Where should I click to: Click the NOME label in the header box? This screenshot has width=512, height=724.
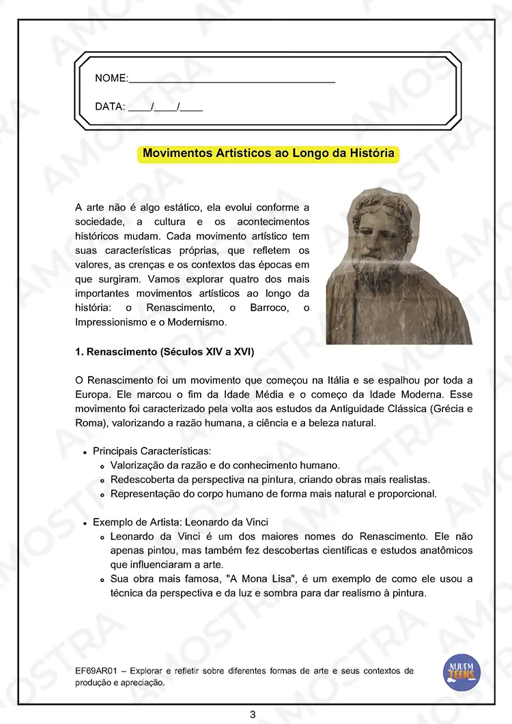(x=111, y=78)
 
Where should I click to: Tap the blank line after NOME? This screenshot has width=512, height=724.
(x=232, y=80)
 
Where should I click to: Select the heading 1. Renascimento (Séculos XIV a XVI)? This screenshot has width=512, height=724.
(x=165, y=352)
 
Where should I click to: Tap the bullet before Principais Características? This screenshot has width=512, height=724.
(x=85, y=452)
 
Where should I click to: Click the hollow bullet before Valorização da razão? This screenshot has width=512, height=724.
(x=102, y=466)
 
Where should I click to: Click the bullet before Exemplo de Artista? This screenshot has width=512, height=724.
(x=85, y=523)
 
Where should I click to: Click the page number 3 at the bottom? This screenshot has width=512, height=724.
(x=253, y=714)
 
